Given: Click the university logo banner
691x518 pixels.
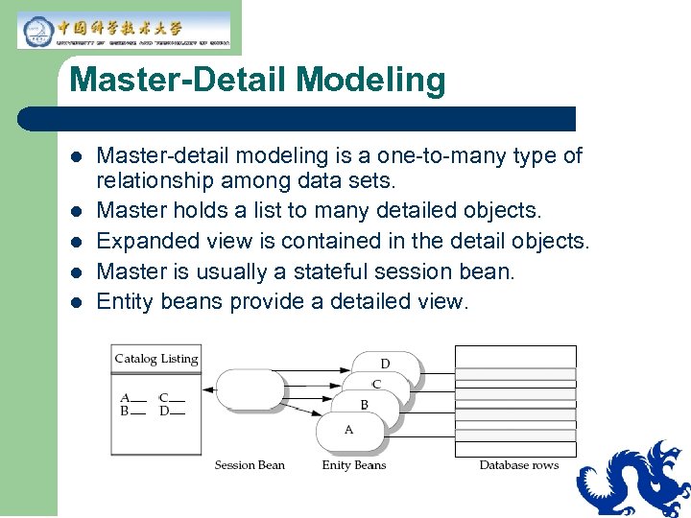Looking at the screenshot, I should tap(123, 30).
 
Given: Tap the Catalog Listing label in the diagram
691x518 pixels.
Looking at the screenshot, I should tap(155, 359).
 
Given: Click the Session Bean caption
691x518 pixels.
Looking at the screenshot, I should tap(250, 465).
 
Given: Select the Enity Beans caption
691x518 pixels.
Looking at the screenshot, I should tap(353, 465).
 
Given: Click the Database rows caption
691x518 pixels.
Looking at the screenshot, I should tap(518, 465).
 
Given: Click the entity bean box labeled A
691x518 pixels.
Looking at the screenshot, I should tap(349, 431).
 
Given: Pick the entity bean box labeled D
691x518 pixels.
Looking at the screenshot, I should tap(386, 364).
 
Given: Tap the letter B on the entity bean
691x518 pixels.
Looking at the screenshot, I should tap(364, 405).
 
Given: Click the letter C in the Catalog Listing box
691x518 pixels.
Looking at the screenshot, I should tap(163, 397).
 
